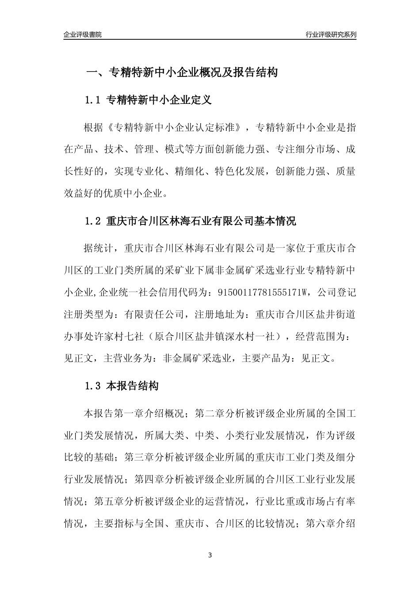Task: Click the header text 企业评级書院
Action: pos(83,34)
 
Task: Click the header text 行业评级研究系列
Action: pos(331,34)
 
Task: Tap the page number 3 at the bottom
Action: pos(210,555)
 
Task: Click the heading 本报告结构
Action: pos(132,386)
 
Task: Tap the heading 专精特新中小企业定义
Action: pos(159,100)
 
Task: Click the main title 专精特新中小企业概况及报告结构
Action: pos(193,72)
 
